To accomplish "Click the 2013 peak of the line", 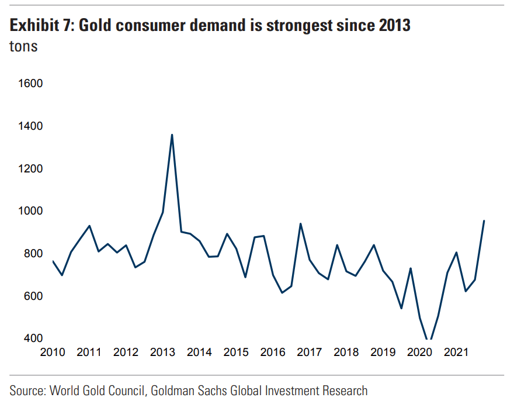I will tap(172, 135).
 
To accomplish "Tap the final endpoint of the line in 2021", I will tap(484, 221).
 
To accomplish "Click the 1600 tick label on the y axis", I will tap(32, 84).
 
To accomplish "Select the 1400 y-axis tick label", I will tap(32, 126).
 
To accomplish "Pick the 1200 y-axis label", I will tap(32, 169).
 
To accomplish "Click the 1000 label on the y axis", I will tap(32, 211).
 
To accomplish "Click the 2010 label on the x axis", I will tap(53, 352).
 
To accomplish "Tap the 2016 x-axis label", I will tap(273, 352).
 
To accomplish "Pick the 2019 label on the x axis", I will tap(383, 352).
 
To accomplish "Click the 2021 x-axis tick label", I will tap(456, 352).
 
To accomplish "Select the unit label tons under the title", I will tap(24, 47).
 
